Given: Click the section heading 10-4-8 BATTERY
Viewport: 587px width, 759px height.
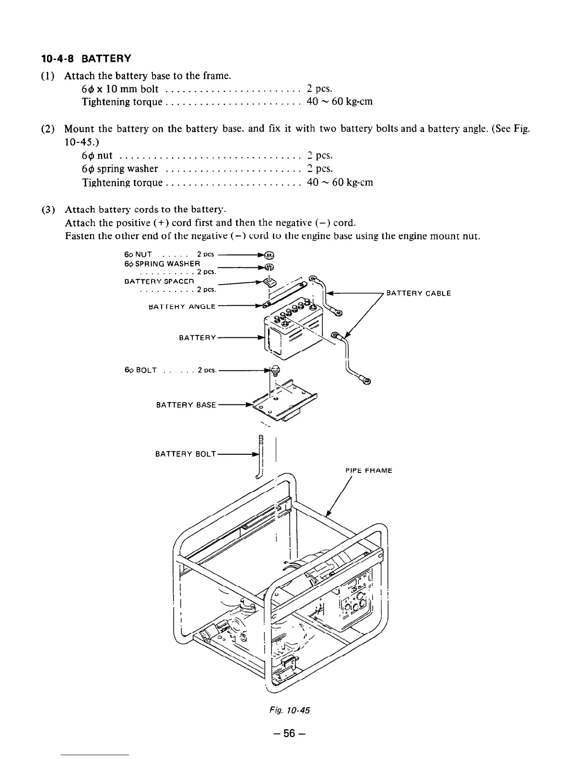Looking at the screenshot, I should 85,59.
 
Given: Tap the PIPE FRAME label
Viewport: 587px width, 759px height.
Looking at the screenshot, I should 368,471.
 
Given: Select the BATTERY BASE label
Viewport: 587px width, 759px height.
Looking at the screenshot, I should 186,405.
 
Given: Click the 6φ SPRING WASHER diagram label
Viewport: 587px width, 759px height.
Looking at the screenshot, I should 162,264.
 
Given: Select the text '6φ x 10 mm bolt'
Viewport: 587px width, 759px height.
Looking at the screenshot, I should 120,89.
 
